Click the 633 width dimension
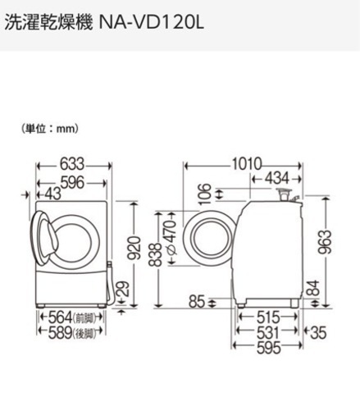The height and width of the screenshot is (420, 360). [72, 162]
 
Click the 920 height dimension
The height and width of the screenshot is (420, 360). [134, 244]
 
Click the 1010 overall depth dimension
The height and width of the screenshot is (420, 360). [246, 162]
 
